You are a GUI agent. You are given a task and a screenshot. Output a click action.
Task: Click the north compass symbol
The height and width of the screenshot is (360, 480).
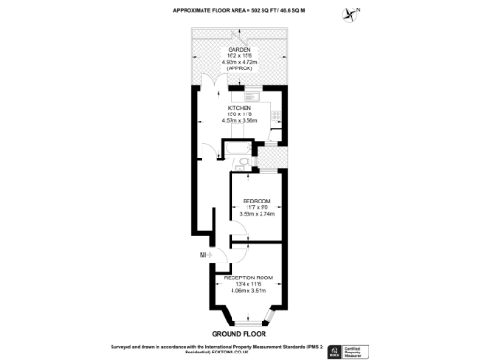pyautogui.click(x=352, y=13)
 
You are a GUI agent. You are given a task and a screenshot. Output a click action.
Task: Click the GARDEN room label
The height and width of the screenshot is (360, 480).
pyautogui.click(x=240, y=49)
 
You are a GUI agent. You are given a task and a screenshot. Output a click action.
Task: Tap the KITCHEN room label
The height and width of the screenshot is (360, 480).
pyautogui.click(x=240, y=108)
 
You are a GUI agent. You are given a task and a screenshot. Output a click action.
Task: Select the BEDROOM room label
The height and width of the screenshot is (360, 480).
pyautogui.click(x=257, y=201)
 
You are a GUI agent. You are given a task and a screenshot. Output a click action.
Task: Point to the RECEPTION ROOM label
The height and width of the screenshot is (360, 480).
pyautogui.click(x=247, y=277)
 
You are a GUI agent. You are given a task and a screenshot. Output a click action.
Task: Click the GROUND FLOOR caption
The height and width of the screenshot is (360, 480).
pyautogui.click(x=239, y=333)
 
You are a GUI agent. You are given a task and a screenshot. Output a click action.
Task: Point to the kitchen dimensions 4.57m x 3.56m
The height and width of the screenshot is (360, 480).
pyautogui.click(x=240, y=120)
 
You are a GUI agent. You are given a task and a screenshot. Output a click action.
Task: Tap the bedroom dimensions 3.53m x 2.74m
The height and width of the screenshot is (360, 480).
pyautogui.click(x=257, y=215)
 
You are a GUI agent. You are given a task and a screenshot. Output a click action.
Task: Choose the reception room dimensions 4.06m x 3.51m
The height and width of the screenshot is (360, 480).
pyautogui.click(x=247, y=291)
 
